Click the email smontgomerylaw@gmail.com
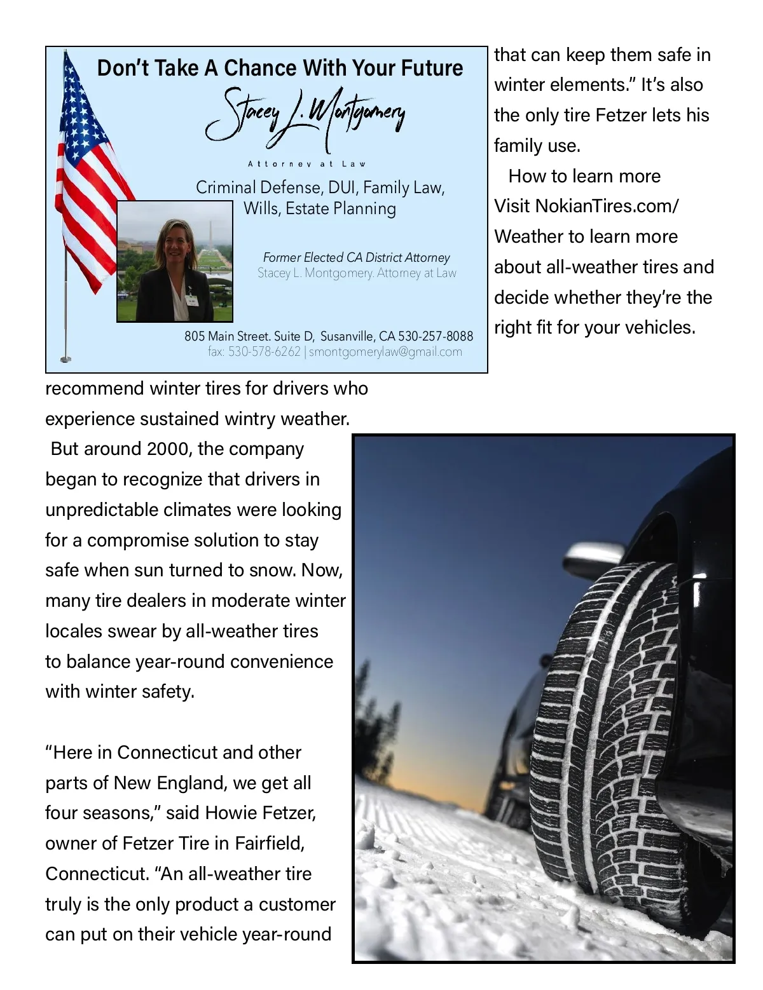(x=386, y=352)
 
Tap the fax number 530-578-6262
(x=264, y=352)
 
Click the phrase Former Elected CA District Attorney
(x=356, y=257)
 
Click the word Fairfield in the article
(x=269, y=844)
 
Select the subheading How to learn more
(x=584, y=176)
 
